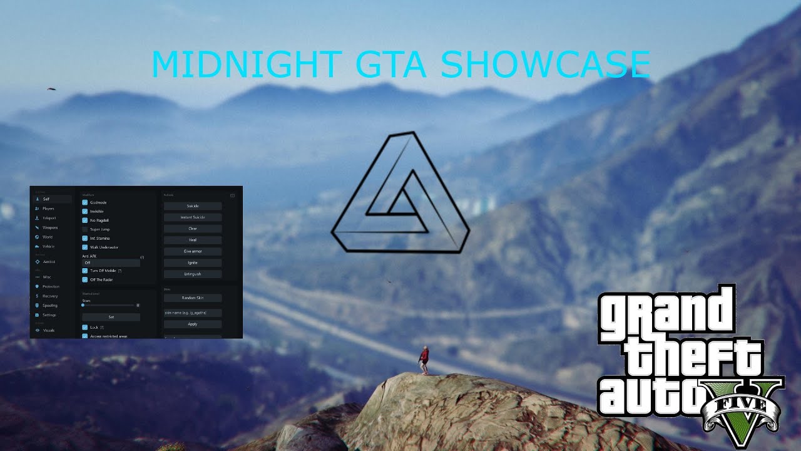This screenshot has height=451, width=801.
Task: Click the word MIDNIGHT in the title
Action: click(x=244, y=65)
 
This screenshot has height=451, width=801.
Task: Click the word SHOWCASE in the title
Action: click(x=545, y=65)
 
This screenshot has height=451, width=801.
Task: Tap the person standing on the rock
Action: click(x=424, y=360)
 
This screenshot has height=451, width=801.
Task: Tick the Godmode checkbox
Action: click(x=85, y=203)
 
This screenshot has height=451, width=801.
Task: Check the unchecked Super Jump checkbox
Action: click(x=85, y=229)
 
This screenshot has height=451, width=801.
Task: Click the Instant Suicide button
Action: click(x=193, y=217)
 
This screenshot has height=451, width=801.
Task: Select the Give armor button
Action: click(x=193, y=251)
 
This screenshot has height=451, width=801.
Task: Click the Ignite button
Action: click(x=193, y=262)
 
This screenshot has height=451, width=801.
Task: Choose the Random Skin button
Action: click(x=193, y=298)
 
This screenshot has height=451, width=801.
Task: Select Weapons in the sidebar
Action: click(x=50, y=227)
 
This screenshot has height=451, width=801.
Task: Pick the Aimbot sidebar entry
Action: click(x=50, y=262)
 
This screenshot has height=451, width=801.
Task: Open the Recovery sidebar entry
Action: click(x=50, y=296)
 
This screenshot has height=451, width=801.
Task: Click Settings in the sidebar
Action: click(x=49, y=315)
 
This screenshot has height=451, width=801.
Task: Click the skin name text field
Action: click(x=193, y=313)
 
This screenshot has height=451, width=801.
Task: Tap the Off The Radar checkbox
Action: click(x=85, y=280)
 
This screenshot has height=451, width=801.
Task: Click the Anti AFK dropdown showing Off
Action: click(x=111, y=262)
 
